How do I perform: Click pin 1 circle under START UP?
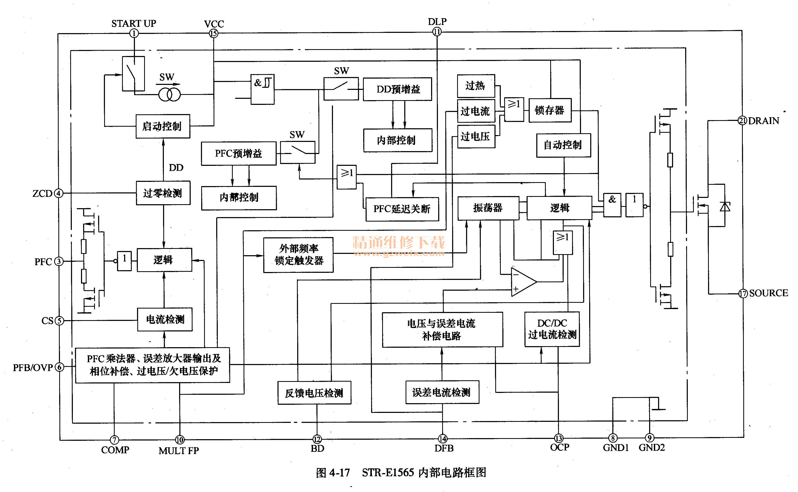tap(134, 33)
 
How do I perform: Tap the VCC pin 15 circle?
tap(213, 33)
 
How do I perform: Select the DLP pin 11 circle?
tap(437, 32)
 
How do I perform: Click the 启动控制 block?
tap(163, 126)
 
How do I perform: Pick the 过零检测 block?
tap(163, 193)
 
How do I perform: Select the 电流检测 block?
tap(165, 320)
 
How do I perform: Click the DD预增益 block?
tap(397, 89)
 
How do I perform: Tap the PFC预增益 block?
tap(238, 153)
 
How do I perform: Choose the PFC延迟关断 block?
tap(402, 209)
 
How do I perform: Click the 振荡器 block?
tap(488, 208)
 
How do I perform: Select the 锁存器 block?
tap(550, 110)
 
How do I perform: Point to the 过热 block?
tap(476, 86)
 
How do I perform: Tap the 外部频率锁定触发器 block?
tap(298, 255)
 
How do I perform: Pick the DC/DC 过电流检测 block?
tap(552, 329)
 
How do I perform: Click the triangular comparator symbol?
tap(522, 282)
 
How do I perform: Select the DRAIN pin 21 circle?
tap(742, 121)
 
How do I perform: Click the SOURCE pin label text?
tap(768, 293)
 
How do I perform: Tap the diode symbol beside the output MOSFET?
tap(725, 207)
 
